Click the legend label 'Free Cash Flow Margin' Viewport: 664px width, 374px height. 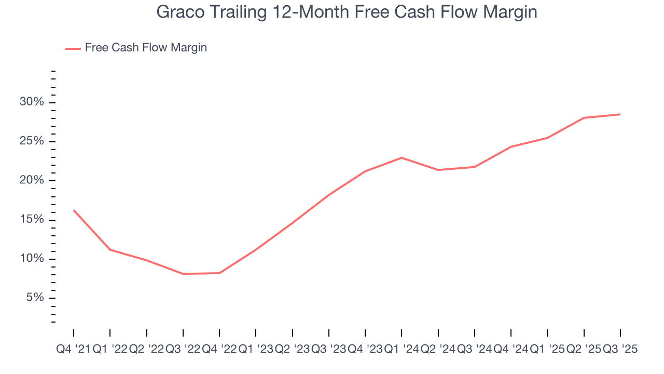click(146, 48)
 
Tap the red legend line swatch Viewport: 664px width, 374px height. click(73, 48)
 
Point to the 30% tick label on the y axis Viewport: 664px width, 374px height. click(32, 102)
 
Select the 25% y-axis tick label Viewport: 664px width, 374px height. click(32, 141)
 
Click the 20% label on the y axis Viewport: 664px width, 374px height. click(32, 181)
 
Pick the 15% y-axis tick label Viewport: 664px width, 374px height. click(32, 220)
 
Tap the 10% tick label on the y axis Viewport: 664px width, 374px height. click(32, 259)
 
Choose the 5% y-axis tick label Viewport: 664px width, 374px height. click(35, 298)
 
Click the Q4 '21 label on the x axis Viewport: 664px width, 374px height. click(73, 350)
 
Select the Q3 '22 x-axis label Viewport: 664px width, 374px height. click(183, 350)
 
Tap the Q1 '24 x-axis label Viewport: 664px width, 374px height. click(402, 350)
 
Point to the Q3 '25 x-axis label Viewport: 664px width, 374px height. click(620, 350)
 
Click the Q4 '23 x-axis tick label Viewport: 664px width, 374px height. click(365, 350)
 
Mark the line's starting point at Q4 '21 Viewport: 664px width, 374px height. click(74, 210)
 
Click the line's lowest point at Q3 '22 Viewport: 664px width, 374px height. click(183, 274)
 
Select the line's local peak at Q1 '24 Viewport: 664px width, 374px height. click(402, 157)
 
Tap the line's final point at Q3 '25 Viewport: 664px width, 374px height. click(620, 114)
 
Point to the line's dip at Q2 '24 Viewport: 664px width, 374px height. click(438, 170)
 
